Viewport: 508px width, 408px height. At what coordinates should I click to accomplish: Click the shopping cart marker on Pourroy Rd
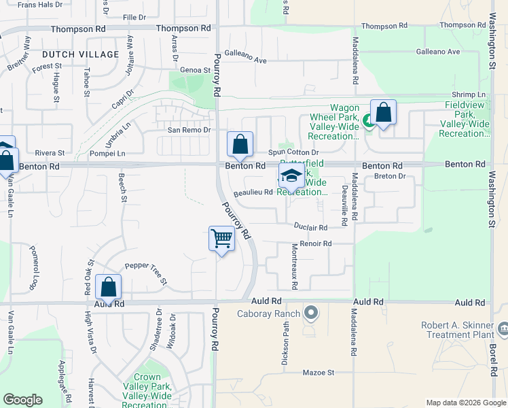click(222, 239)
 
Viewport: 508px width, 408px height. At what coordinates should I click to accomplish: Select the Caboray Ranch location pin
click(311, 313)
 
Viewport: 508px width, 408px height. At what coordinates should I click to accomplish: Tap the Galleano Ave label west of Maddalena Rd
click(245, 60)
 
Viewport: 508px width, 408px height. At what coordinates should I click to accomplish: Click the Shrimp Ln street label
click(469, 95)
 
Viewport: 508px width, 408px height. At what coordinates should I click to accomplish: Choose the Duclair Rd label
click(311, 227)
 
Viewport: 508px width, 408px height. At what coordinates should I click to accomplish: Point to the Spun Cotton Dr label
click(293, 152)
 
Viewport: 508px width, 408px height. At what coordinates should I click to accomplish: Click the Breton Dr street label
click(390, 177)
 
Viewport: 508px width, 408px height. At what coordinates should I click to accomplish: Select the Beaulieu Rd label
click(253, 193)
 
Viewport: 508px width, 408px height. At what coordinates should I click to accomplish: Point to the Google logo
click(22, 400)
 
